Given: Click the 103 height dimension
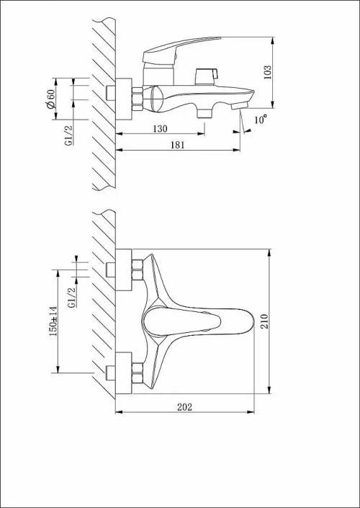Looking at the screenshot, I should click(x=269, y=73).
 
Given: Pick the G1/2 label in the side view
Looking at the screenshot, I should click(x=68, y=134).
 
